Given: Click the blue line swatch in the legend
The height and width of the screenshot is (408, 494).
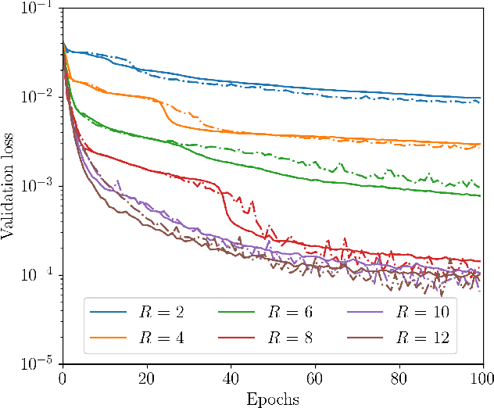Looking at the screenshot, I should coord(109,313).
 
